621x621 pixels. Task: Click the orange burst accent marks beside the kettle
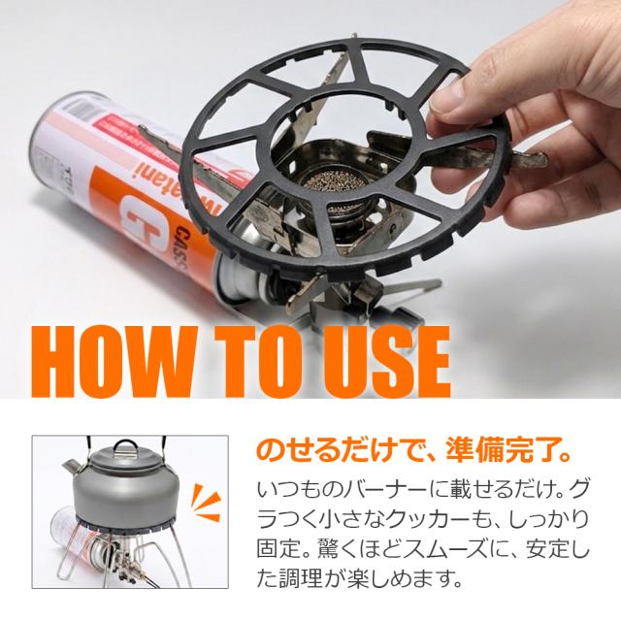point(206,501)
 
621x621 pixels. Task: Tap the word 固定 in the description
point(278,549)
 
